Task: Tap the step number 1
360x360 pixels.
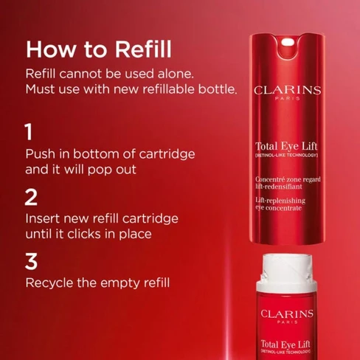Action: coord(30,132)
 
